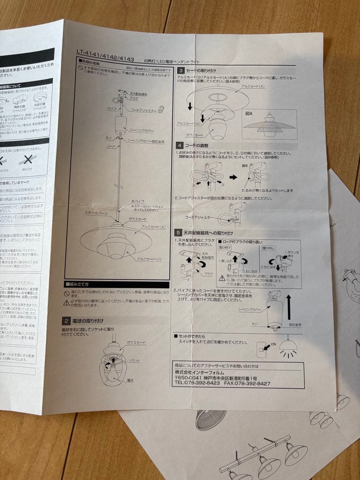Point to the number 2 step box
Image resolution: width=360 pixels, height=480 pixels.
point(66,320)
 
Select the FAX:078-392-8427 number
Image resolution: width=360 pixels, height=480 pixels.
point(248,383)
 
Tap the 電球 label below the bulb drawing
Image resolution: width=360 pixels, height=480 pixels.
point(130,380)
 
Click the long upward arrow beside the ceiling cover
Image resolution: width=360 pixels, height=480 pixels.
point(288,307)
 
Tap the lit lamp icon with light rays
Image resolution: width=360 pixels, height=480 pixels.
point(288,347)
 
